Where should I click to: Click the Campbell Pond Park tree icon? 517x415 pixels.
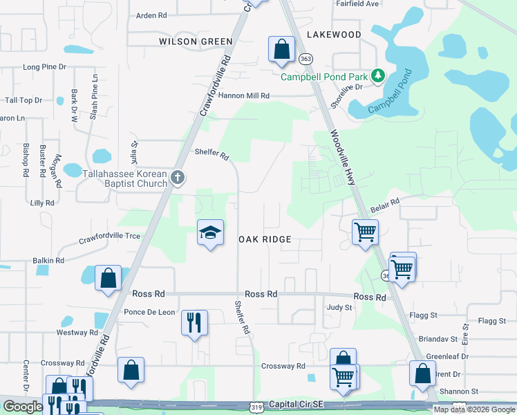pos(378,75)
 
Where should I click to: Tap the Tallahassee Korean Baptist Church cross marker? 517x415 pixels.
pos(178,178)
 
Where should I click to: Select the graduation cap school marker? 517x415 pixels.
pos(209,233)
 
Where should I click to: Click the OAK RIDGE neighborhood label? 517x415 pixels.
pos(265,239)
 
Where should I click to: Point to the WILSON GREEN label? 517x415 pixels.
pos(196,41)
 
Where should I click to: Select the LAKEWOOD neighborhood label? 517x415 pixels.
pos(333,35)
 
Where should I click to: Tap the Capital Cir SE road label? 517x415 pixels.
pos(298,404)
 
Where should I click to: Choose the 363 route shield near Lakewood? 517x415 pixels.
pos(305,59)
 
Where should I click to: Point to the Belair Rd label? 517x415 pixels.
pos(385,202)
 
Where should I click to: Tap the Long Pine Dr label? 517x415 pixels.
pos(44,67)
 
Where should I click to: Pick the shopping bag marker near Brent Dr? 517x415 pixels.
pos(422,373)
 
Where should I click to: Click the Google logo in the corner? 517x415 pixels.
pos(23,406)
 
